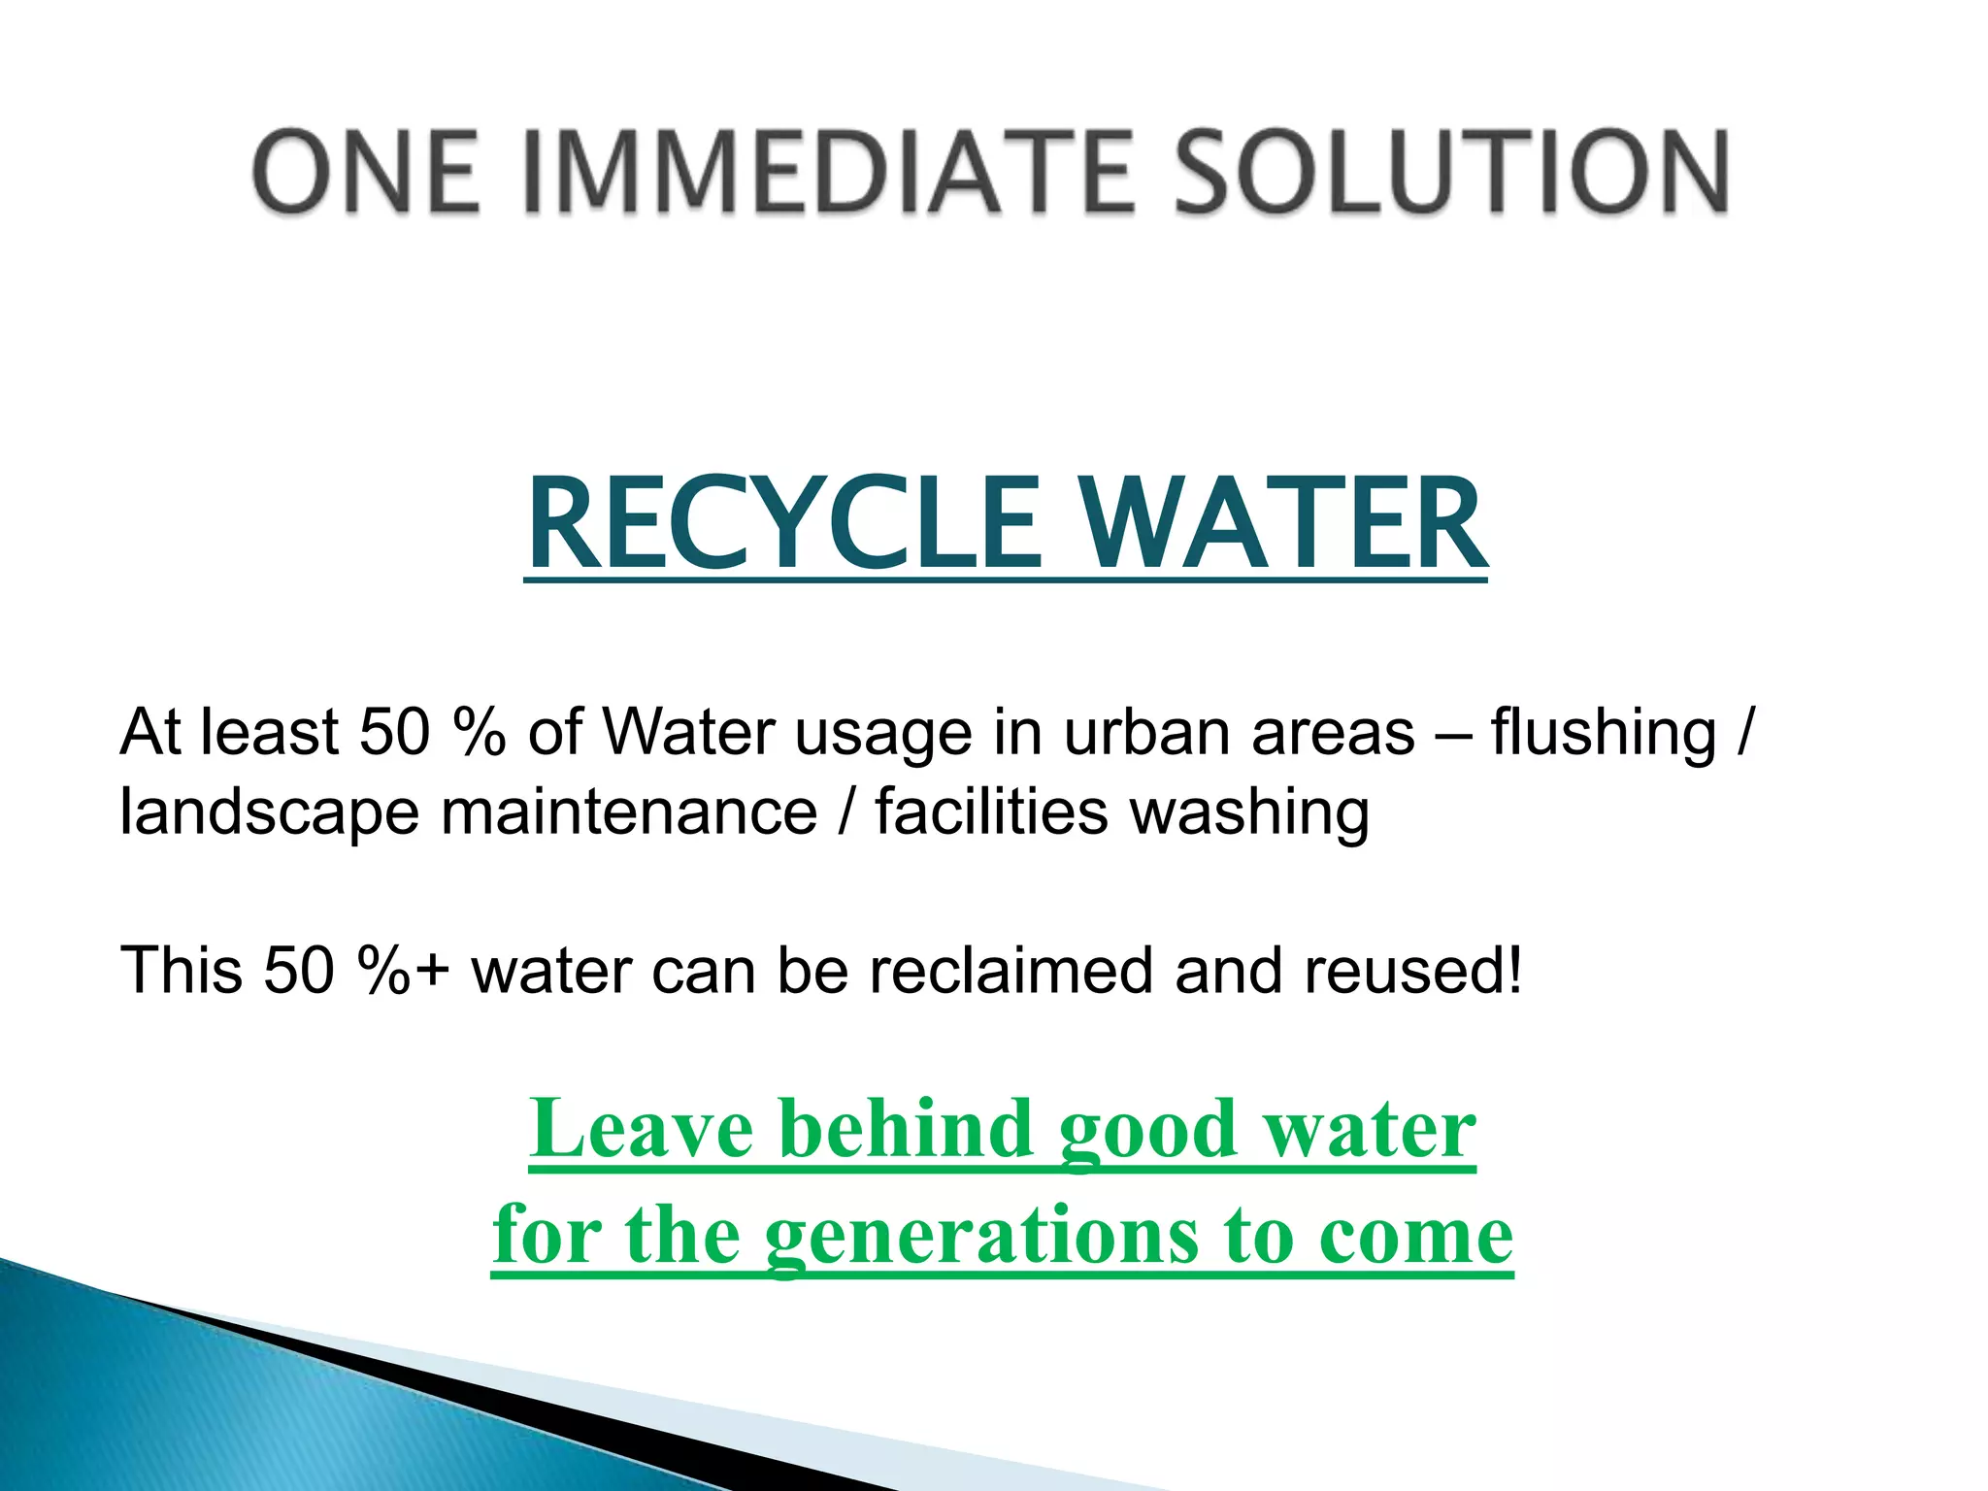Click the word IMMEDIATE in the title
[828, 173]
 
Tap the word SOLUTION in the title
[1452, 173]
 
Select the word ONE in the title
[366, 173]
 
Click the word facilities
[990, 812]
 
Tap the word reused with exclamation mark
[1412, 971]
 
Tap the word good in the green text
[1146, 1132]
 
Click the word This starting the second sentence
[182, 971]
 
